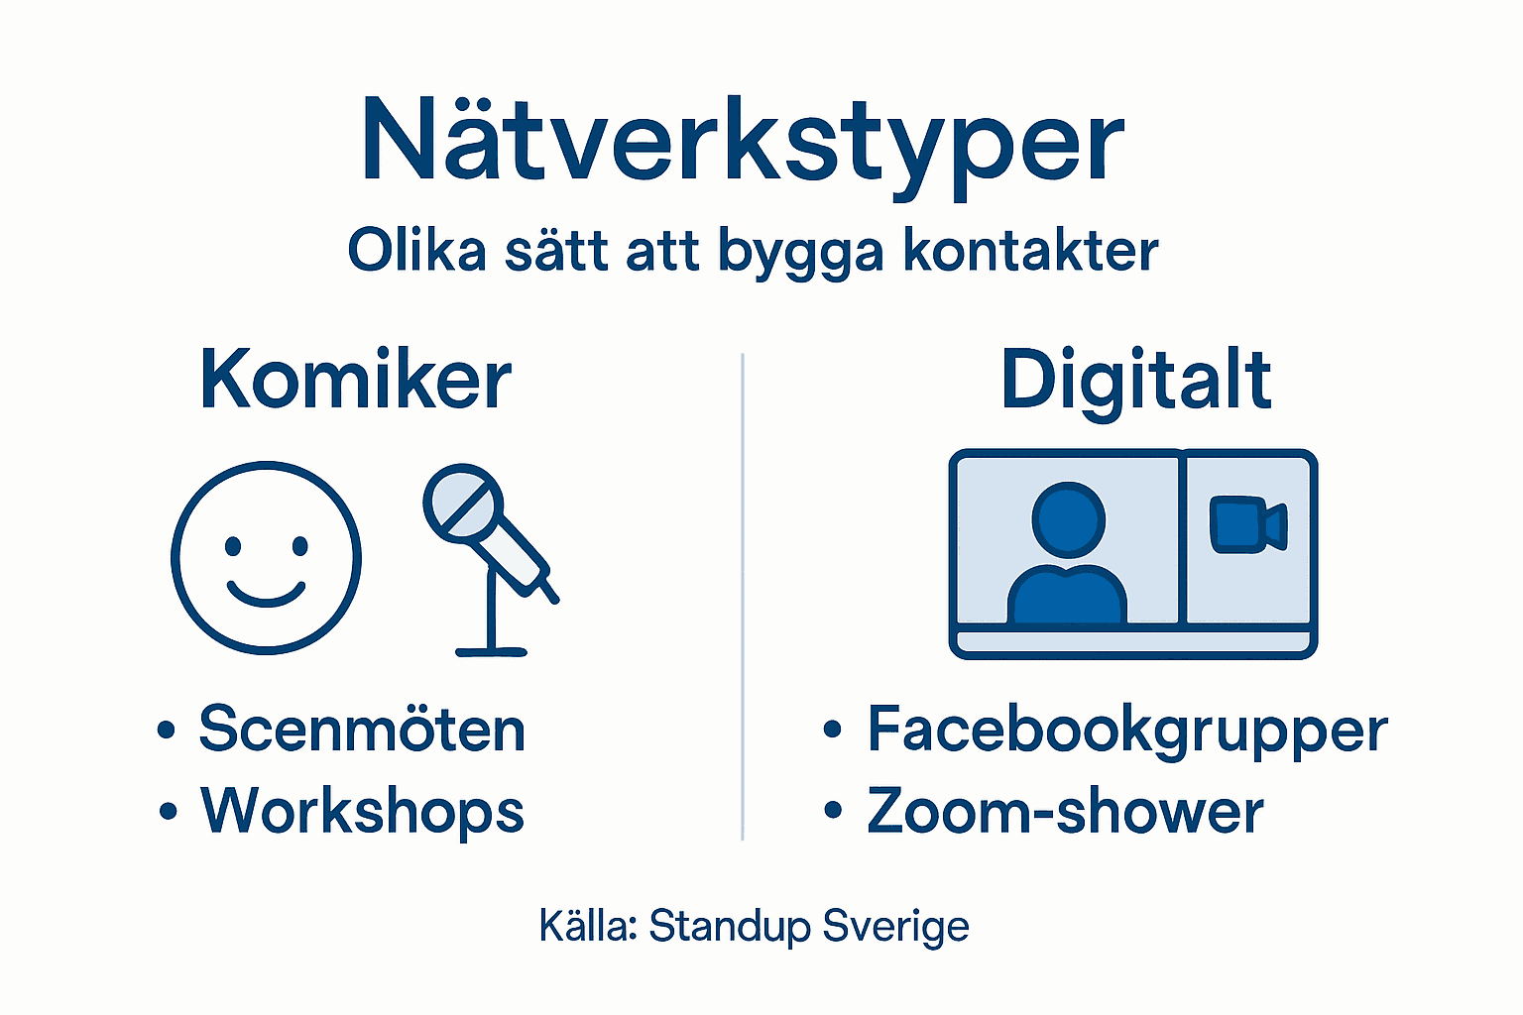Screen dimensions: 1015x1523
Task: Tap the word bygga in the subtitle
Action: (x=799, y=251)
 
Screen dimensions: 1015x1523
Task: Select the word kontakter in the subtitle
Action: (x=1030, y=251)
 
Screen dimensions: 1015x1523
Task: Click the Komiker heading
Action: (x=355, y=381)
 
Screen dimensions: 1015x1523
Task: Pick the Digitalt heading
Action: (x=1135, y=381)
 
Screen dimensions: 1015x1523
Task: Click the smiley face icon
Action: (x=267, y=557)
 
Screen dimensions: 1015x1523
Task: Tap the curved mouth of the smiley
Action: (x=266, y=594)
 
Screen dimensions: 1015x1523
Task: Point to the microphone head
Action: (x=463, y=503)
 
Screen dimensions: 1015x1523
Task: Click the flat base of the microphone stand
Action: (x=491, y=651)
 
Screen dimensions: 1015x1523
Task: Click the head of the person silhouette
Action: (x=1068, y=519)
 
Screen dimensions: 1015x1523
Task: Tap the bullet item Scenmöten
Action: (x=362, y=731)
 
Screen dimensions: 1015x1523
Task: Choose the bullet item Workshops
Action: (x=362, y=812)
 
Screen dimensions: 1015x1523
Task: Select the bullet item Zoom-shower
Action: (x=1065, y=812)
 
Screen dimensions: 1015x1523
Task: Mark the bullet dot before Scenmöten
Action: (x=167, y=732)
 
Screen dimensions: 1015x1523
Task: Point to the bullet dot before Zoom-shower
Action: (x=833, y=812)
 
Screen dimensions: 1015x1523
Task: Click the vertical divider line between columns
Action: (x=743, y=595)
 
